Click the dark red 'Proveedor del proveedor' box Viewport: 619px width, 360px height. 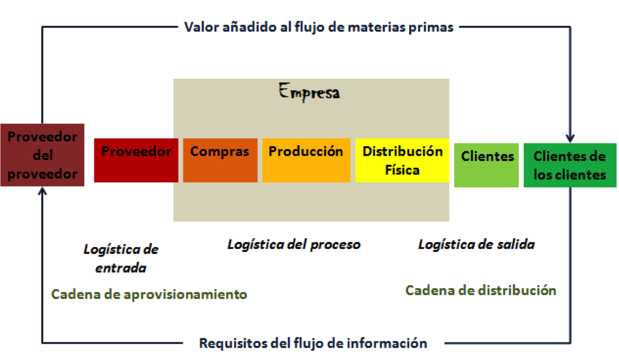[x=42, y=155]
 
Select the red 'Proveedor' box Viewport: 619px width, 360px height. [x=136, y=160]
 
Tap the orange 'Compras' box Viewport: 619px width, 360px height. [x=220, y=160]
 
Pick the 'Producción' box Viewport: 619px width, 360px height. [x=306, y=160]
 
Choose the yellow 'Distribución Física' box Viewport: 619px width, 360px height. [x=402, y=160]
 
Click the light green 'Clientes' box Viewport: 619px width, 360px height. [x=487, y=165]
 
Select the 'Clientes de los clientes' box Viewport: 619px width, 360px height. [x=570, y=165]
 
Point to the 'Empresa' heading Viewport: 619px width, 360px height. [x=309, y=92]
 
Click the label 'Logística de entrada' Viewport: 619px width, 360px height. [x=121, y=258]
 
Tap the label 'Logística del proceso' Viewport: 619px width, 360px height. [x=294, y=244]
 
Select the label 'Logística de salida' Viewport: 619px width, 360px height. [x=476, y=244]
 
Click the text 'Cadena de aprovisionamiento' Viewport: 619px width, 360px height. [x=149, y=294]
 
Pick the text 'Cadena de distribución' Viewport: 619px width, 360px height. [x=480, y=290]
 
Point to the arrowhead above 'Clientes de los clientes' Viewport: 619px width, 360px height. [x=570, y=138]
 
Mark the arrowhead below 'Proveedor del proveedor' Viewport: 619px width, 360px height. [x=42, y=191]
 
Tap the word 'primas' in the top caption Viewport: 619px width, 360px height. [x=435, y=27]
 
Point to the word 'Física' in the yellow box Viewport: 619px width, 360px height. [x=402, y=170]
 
